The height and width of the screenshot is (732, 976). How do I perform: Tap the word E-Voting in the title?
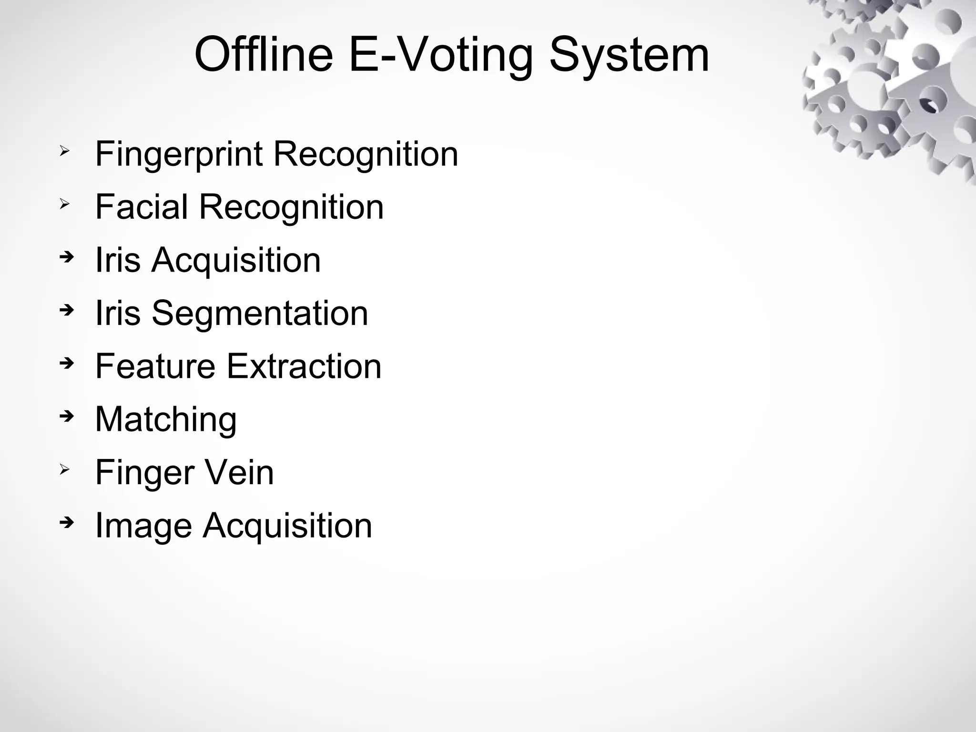pos(441,56)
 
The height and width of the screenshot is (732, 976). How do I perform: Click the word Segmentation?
pos(260,313)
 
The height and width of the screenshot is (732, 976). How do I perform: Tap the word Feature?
pos(155,366)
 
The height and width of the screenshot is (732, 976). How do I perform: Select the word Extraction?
pos(304,366)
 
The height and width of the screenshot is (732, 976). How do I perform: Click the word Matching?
pos(166,420)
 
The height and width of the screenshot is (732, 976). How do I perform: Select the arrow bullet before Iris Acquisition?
pos(67,258)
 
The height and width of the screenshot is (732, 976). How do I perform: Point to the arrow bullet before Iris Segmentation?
pos(67,311)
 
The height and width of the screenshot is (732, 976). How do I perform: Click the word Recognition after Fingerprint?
pos(366,154)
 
